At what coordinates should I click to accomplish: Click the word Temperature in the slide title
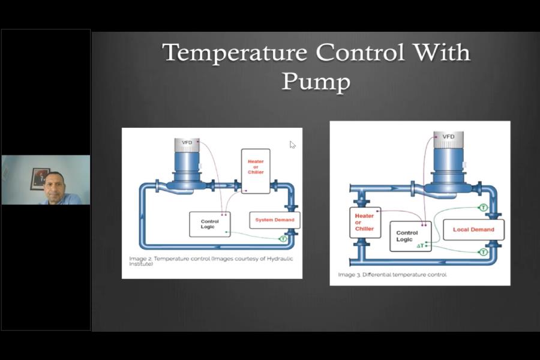(x=236, y=53)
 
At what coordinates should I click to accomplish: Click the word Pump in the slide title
(x=316, y=80)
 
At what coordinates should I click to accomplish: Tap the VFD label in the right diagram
(x=448, y=137)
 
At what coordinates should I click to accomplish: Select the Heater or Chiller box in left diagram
(x=256, y=171)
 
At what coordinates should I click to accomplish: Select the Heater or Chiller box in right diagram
(x=365, y=222)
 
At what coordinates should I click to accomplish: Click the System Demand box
(x=274, y=220)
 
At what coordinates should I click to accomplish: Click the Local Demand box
(x=473, y=229)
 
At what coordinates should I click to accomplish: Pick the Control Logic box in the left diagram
(x=209, y=224)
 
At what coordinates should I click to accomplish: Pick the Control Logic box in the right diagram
(x=410, y=236)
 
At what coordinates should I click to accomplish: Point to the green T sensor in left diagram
(x=283, y=239)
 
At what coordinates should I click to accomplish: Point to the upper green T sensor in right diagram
(x=483, y=208)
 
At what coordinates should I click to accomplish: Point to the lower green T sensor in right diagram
(x=483, y=253)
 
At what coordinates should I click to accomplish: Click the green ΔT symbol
(x=420, y=246)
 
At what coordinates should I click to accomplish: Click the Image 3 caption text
(x=392, y=275)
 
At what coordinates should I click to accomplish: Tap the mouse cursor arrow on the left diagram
(x=292, y=145)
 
